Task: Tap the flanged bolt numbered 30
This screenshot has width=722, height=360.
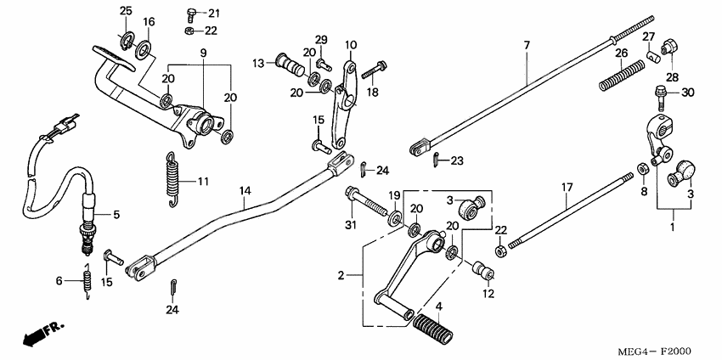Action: [660, 91]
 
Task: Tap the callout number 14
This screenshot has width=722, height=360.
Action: [245, 192]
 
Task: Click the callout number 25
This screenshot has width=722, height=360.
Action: [126, 10]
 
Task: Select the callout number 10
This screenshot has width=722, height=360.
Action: [351, 45]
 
